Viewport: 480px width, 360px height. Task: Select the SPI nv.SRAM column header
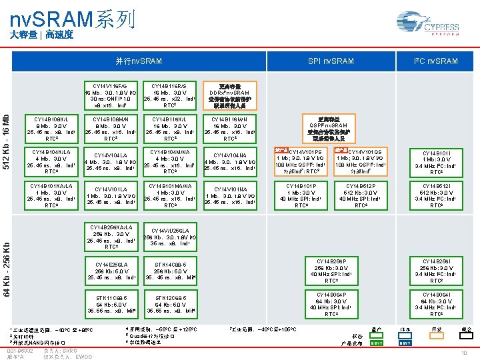click(x=331, y=61)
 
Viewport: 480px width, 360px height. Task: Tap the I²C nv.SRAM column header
click(x=436, y=61)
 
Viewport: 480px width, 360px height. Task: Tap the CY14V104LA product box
click(x=111, y=161)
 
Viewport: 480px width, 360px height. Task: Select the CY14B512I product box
click(x=436, y=195)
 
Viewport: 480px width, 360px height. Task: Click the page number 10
click(x=463, y=353)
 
